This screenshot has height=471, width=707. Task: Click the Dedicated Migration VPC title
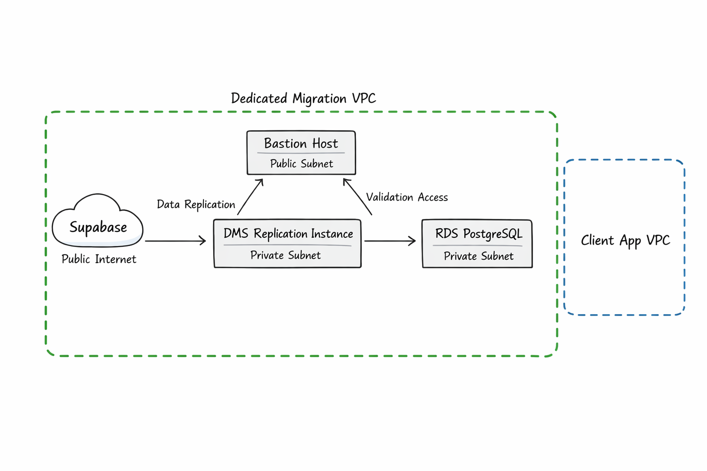pyautogui.click(x=303, y=98)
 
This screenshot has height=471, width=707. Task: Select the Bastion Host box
pyautogui.click(x=301, y=153)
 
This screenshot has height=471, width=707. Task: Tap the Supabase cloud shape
pyautogui.click(x=98, y=222)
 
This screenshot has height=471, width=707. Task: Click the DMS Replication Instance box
pyautogui.click(x=287, y=243)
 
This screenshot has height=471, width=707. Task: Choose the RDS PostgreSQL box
pyautogui.click(x=477, y=244)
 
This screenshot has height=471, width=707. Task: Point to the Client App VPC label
pyautogui.click(x=625, y=241)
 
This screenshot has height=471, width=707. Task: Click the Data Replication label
pyautogui.click(x=196, y=204)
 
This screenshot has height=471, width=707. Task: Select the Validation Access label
pyautogui.click(x=406, y=197)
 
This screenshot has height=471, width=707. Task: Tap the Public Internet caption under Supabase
pyautogui.click(x=99, y=259)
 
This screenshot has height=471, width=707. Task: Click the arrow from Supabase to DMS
pyautogui.click(x=175, y=241)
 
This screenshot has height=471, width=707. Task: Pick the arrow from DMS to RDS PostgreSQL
pyautogui.click(x=390, y=241)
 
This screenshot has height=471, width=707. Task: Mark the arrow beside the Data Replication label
pyautogui.click(x=250, y=197)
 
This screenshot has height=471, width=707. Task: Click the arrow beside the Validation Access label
pyautogui.click(x=357, y=197)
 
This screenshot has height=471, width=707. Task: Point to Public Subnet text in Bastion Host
pyautogui.click(x=301, y=164)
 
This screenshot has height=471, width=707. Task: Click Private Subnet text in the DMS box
pyautogui.click(x=285, y=255)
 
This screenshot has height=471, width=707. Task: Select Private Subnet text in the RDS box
pyautogui.click(x=478, y=256)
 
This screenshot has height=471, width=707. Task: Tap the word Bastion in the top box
pyautogui.click(x=285, y=144)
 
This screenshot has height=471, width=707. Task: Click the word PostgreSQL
pyautogui.click(x=493, y=234)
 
